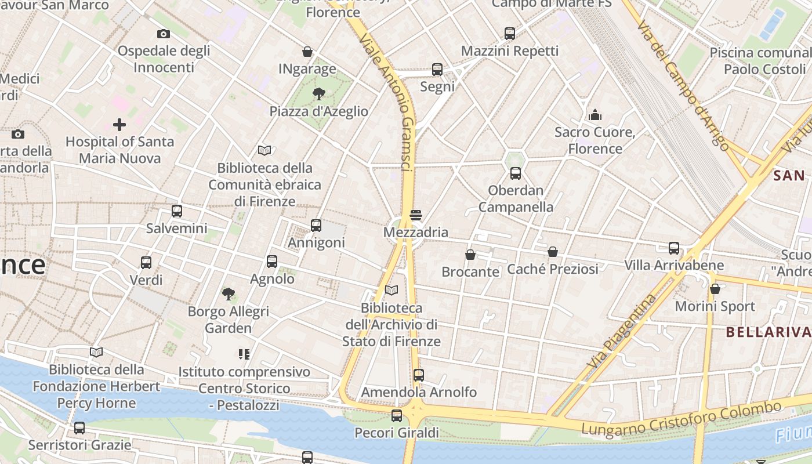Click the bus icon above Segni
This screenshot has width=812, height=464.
click(x=437, y=70)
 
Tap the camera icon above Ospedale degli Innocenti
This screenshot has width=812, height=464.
click(x=164, y=34)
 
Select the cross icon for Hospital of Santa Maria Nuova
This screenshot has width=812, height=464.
click(x=119, y=125)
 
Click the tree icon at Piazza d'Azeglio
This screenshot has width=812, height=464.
click(x=318, y=94)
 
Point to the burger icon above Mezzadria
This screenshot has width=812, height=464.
click(x=415, y=215)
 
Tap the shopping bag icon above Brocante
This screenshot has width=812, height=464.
click(x=470, y=255)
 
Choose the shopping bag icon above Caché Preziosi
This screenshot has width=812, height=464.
click(x=553, y=252)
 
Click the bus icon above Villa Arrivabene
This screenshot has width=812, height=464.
click(x=674, y=248)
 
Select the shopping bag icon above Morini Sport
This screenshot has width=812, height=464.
click(x=715, y=289)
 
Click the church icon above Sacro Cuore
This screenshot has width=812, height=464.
click(x=595, y=115)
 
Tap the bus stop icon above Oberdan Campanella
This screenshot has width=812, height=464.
click(x=516, y=173)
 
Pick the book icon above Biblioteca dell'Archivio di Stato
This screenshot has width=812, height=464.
click(x=391, y=290)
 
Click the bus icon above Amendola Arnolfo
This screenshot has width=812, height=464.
click(x=419, y=375)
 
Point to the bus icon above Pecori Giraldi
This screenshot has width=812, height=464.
click(x=397, y=416)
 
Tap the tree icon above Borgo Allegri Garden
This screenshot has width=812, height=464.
click(x=229, y=295)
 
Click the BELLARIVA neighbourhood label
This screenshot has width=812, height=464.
click(x=768, y=332)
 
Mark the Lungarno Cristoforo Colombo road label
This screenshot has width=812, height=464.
click(x=681, y=419)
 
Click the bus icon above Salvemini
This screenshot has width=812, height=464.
click(x=177, y=211)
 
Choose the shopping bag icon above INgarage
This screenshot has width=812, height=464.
click(x=307, y=52)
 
